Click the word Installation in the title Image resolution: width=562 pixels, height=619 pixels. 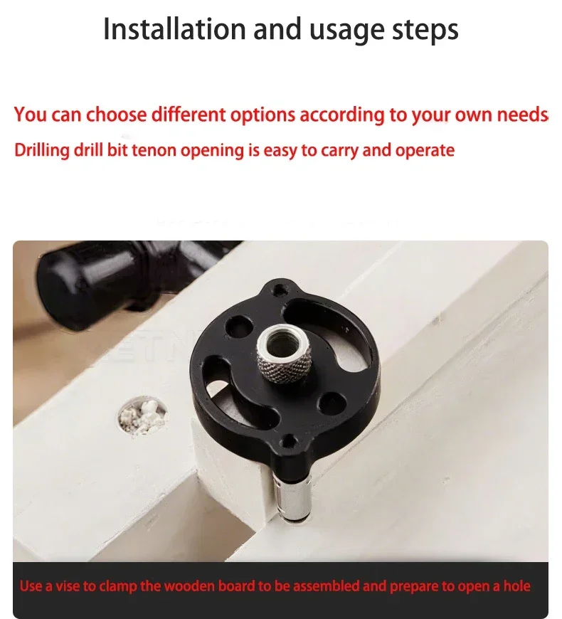(175, 29)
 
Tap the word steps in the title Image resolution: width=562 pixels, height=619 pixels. (425, 31)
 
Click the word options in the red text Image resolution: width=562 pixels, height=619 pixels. (263, 115)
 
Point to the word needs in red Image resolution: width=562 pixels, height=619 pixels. (522, 115)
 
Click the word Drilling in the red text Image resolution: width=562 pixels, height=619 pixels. (42, 151)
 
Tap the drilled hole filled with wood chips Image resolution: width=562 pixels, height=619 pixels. (142, 416)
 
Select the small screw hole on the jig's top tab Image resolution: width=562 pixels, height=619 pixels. (280, 290)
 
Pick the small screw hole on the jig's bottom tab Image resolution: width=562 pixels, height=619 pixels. (290, 440)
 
